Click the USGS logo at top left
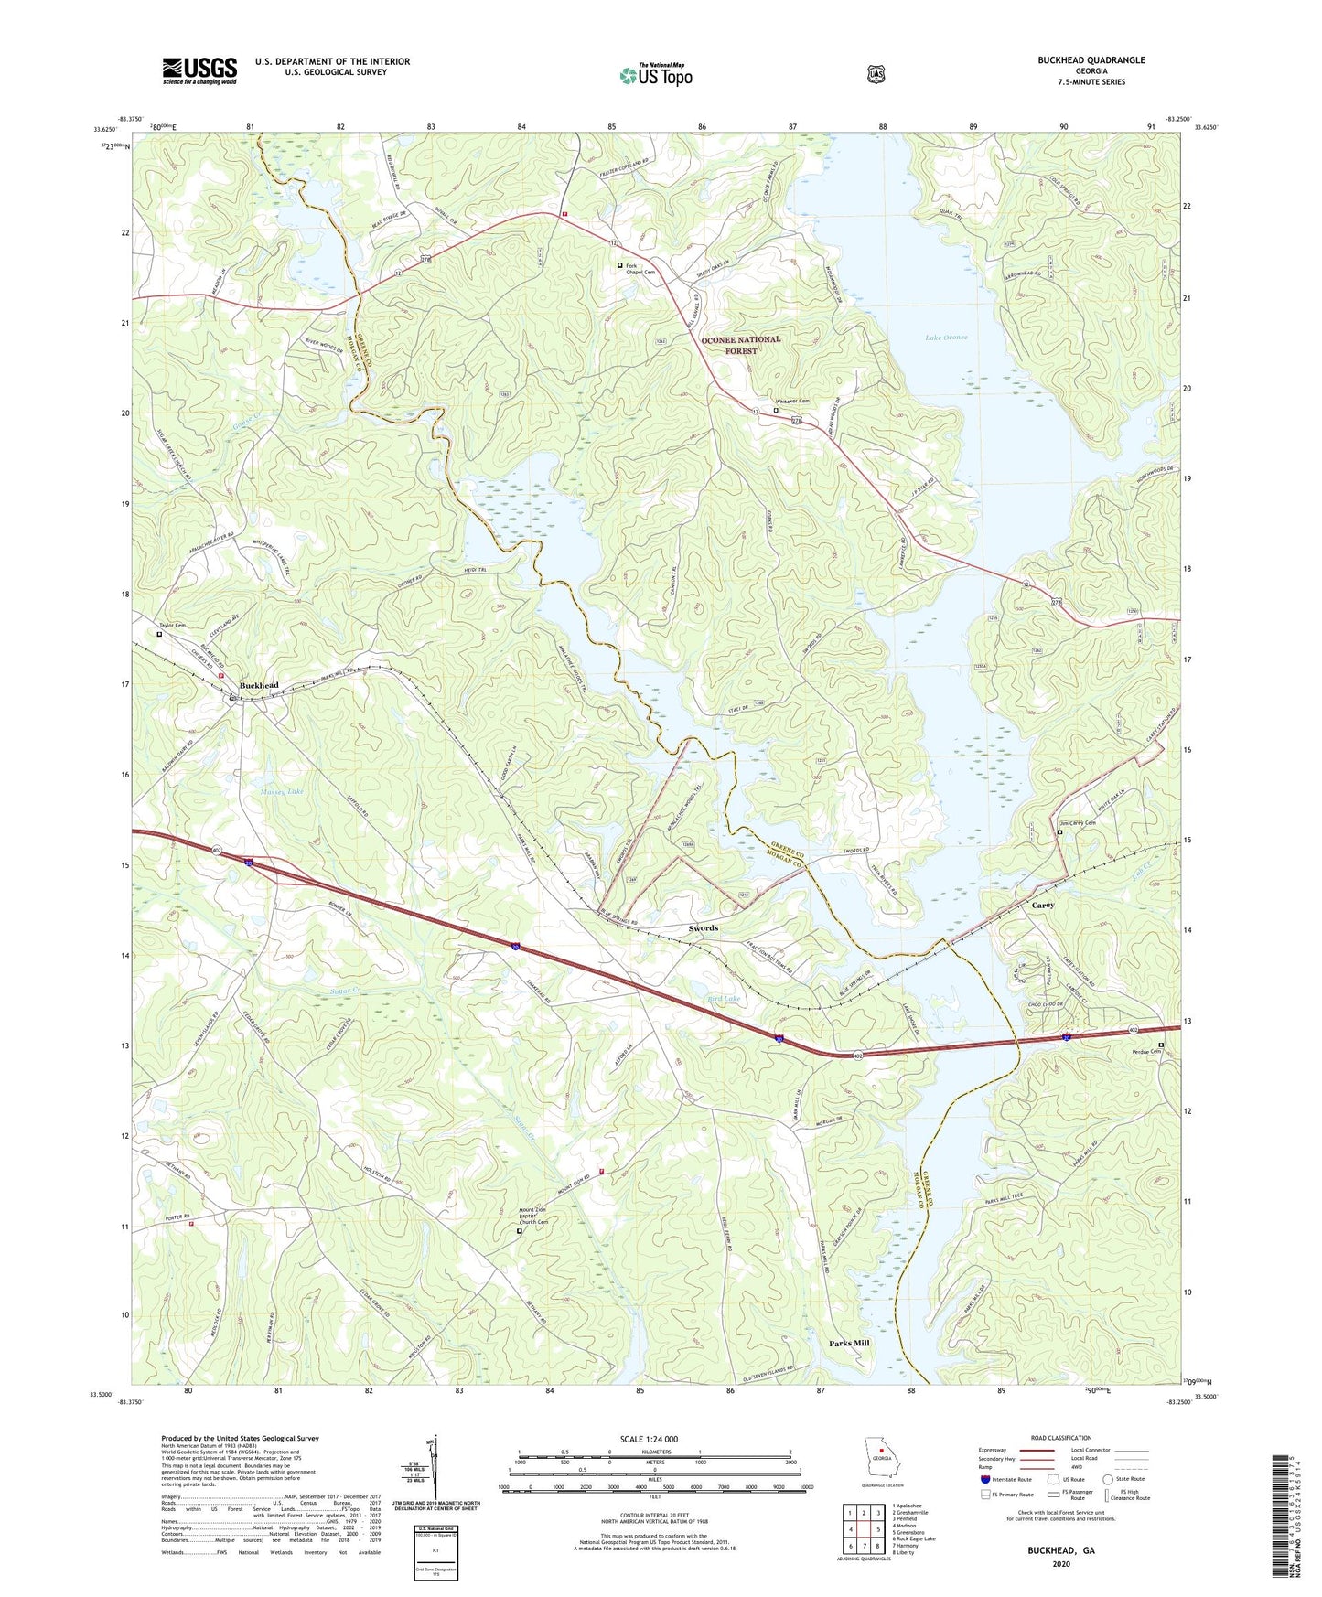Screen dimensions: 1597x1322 (x=199, y=70)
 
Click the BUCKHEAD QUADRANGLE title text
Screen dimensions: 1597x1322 (x=1091, y=60)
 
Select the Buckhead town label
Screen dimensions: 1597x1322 (x=259, y=685)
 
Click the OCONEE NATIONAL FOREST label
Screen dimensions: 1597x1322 (x=741, y=345)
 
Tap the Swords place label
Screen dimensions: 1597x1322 (x=703, y=928)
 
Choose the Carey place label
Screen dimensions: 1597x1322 (x=1043, y=905)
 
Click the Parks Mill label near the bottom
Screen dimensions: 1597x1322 (x=849, y=1344)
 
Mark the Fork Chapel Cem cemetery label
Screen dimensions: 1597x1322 (x=640, y=269)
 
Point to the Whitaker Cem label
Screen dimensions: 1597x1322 (x=792, y=401)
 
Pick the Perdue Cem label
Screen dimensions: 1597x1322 (x=1144, y=1053)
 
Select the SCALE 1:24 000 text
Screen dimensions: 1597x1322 (x=649, y=1439)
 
